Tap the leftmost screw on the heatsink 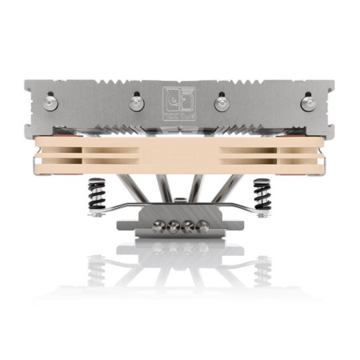tap(52, 102)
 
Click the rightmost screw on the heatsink tap(308, 102)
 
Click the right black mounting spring tap(261, 194)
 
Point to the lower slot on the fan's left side tap(96, 160)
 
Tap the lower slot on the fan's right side tap(264, 160)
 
